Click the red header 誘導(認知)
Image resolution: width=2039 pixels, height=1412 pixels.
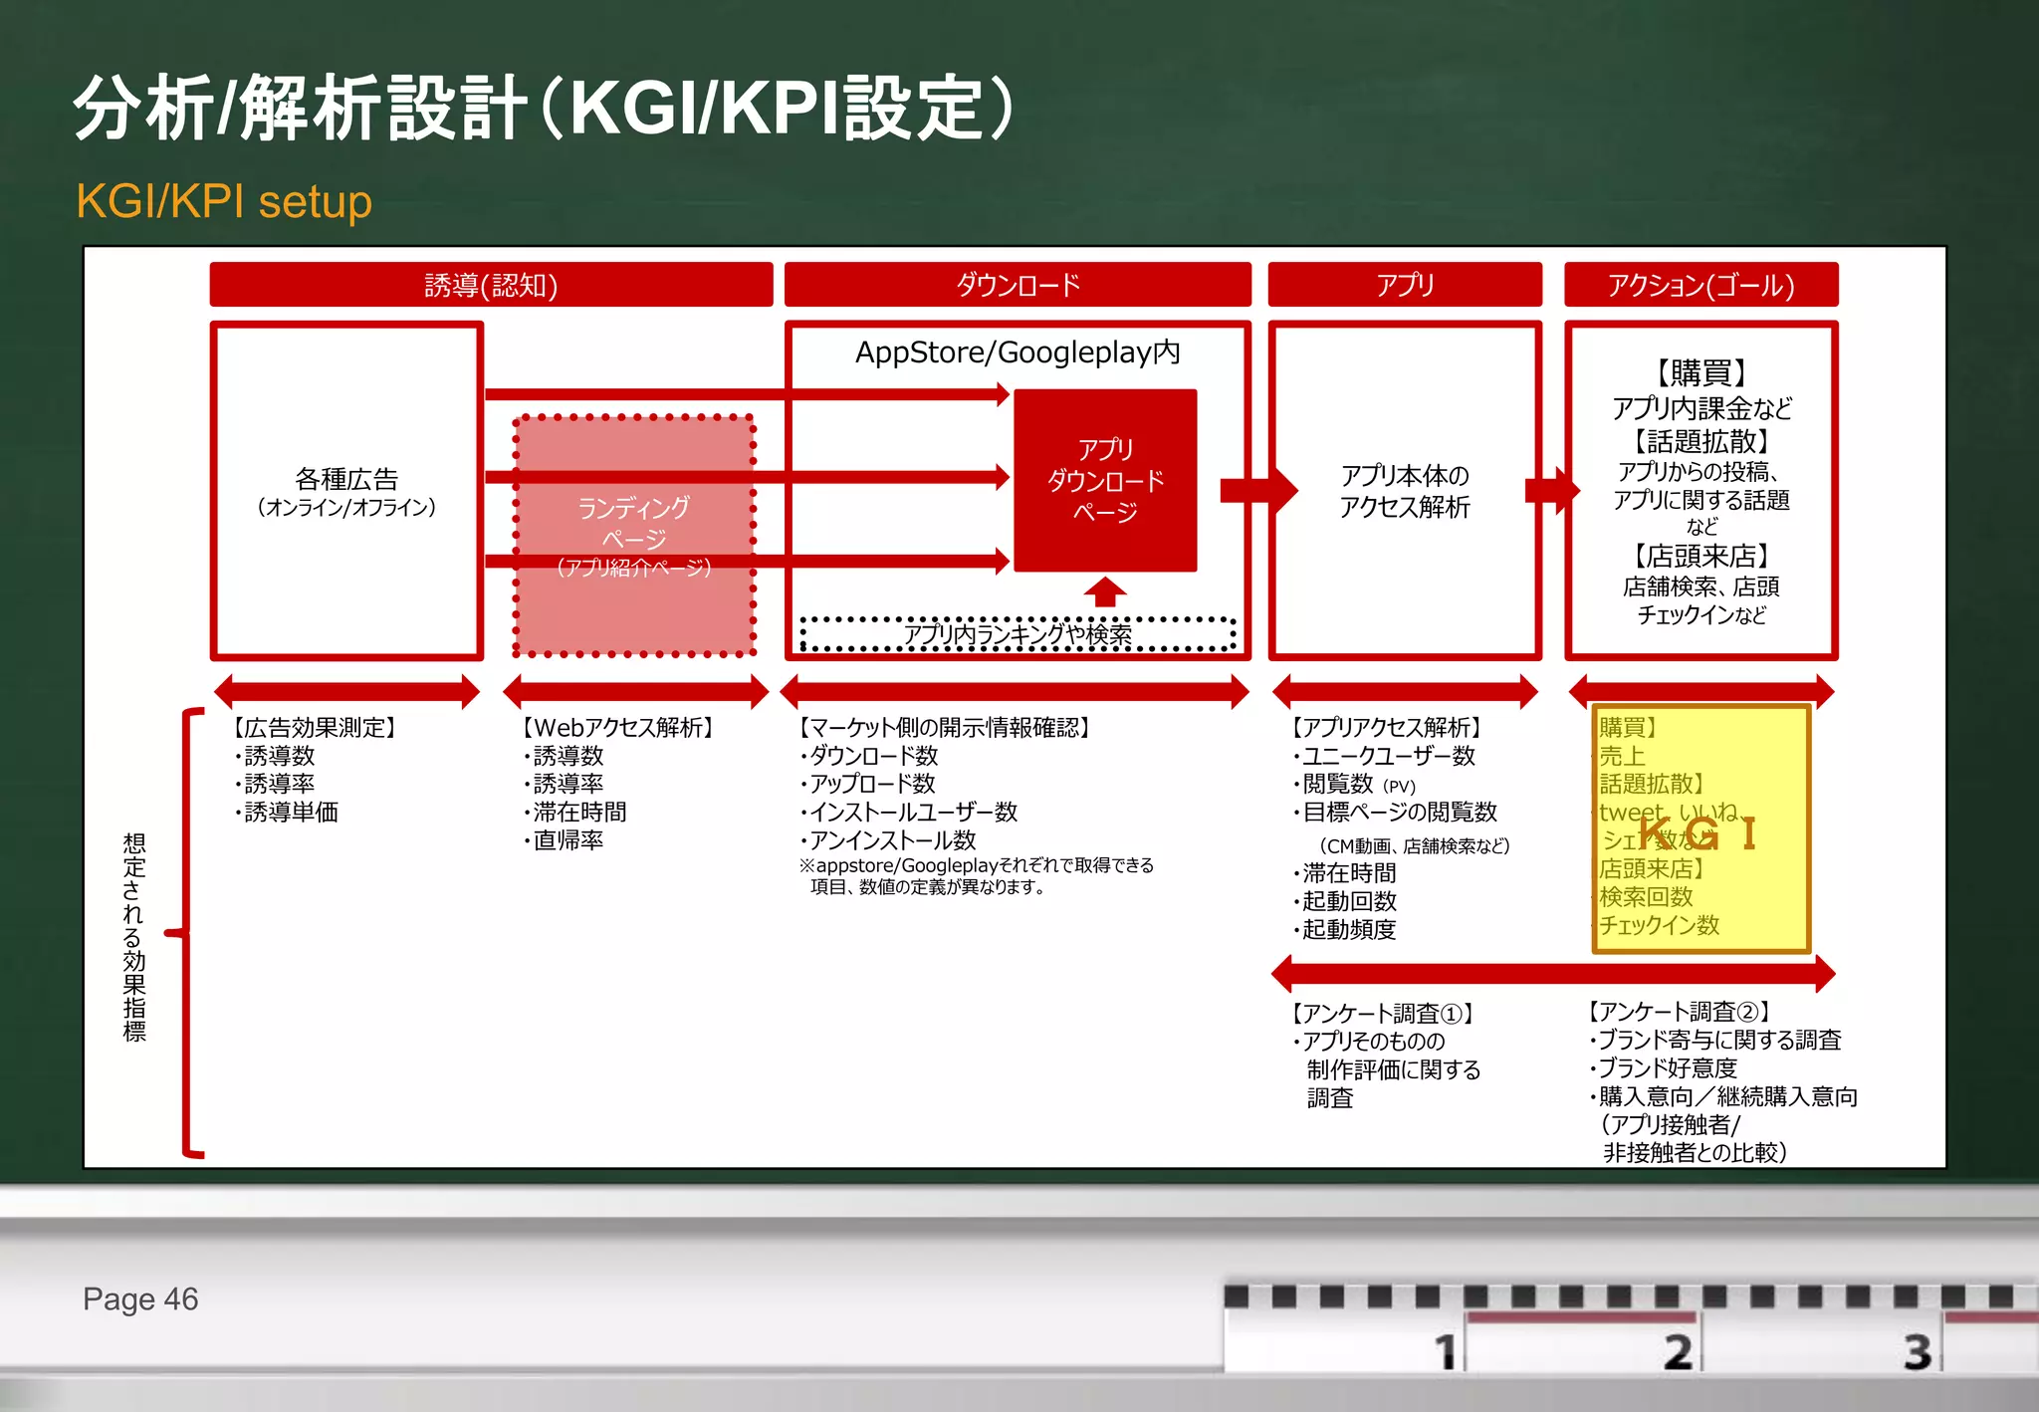491,286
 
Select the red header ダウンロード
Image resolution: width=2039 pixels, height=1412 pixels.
1018,286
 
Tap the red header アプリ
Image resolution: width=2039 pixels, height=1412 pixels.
1405,286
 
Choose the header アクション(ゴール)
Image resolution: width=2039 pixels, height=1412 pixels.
1700,286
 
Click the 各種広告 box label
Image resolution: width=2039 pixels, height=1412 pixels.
346,481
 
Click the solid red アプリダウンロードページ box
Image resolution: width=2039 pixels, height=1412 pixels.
1105,481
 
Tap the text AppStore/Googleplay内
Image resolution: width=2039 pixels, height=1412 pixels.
1018,353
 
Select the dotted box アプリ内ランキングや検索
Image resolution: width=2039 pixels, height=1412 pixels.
1018,635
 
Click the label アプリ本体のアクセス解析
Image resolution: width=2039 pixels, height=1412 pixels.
1405,491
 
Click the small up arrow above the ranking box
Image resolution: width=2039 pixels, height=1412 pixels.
1105,591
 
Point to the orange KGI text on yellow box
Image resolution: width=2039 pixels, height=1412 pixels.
1698,833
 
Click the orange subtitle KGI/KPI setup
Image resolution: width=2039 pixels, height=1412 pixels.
224,201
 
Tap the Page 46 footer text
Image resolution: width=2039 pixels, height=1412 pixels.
140,1299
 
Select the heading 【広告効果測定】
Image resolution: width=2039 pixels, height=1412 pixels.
315,728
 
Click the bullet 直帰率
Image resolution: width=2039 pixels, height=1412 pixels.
567,840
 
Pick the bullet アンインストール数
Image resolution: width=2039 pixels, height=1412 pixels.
892,840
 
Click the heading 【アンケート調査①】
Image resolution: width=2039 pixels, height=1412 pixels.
1383,1014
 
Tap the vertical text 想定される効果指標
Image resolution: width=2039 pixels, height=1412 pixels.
134,937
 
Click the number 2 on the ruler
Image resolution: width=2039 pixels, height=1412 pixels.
1679,1352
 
